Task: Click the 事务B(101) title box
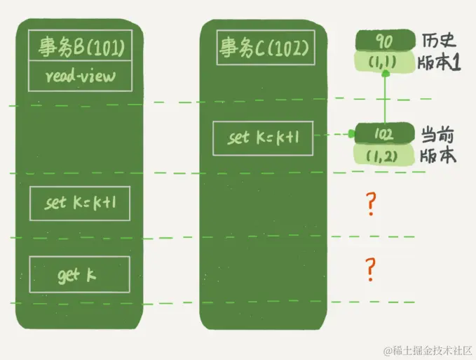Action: coord(79,47)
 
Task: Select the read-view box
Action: coord(79,76)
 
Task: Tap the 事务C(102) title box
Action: coord(263,48)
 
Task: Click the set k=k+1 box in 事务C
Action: coord(263,137)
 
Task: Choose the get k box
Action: coord(79,274)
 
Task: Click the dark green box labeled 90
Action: coord(384,41)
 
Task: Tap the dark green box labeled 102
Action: coord(384,133)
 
